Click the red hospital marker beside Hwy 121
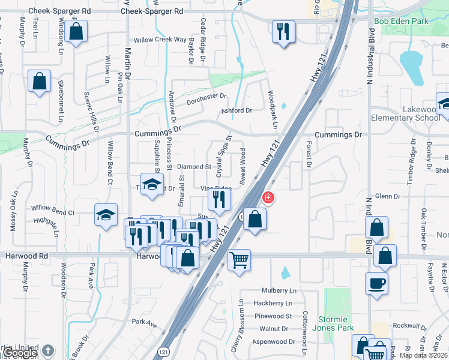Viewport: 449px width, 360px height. coord(268,197)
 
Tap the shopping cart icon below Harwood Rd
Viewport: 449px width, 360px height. coord(239,260)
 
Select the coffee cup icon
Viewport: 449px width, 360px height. coord(376,283)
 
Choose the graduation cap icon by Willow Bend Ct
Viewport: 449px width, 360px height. coord(106,215)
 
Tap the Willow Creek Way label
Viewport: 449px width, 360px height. coord(160,40)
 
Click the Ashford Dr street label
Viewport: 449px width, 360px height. coord(237,110)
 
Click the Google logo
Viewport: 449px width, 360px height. coord(20,353)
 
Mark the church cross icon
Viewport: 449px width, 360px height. coord(48,350)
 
